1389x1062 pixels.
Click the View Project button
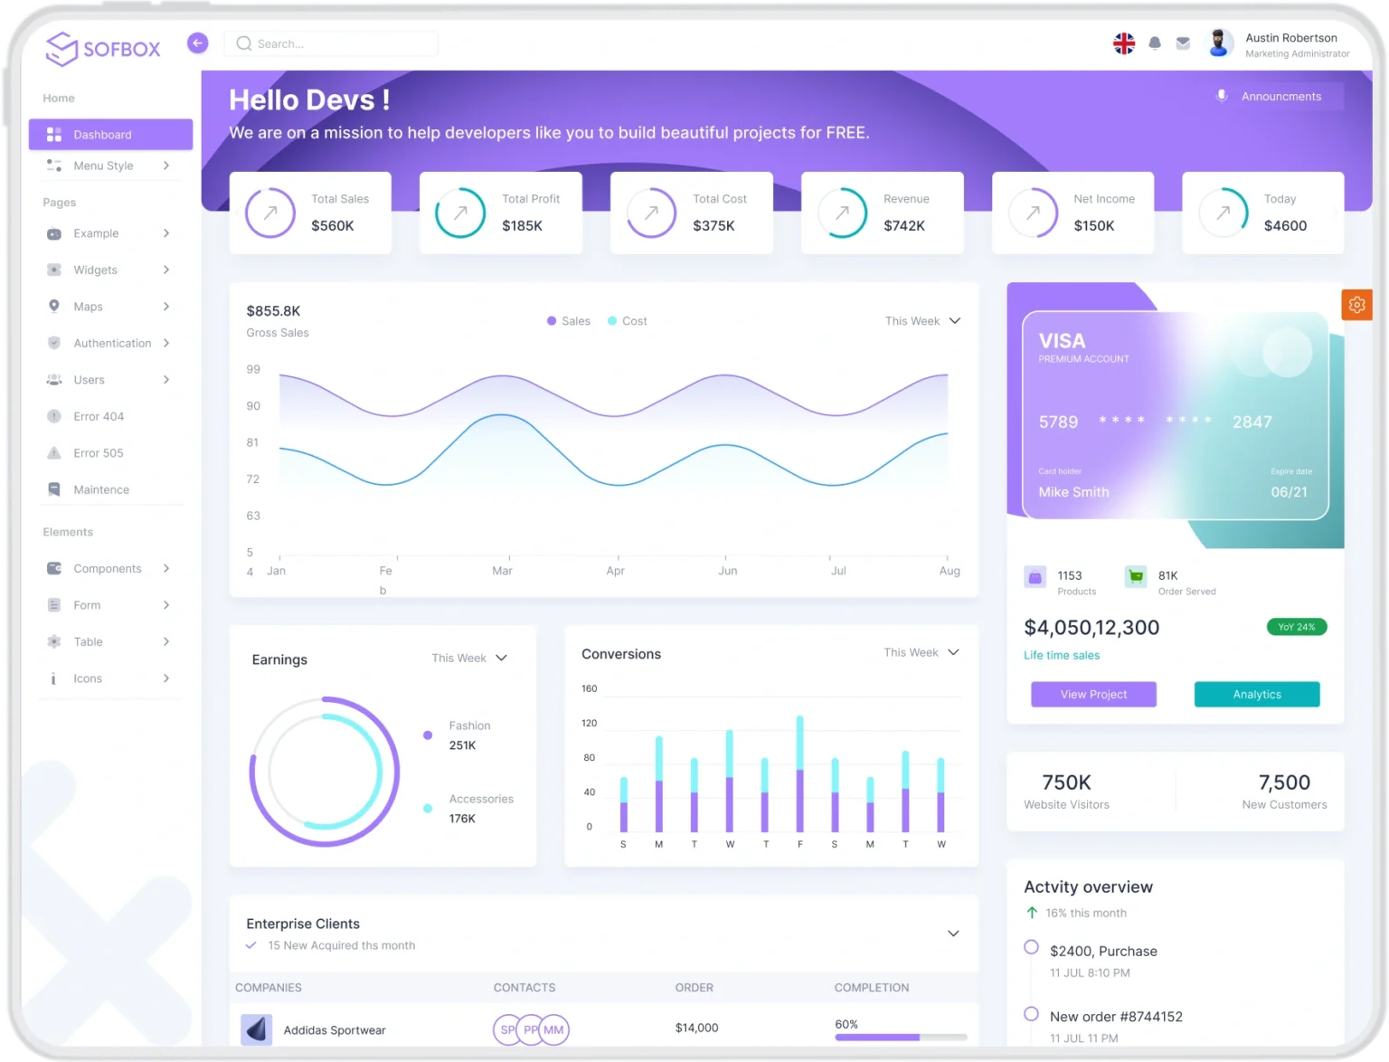pos(1093,694)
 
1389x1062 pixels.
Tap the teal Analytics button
pos(1256,694)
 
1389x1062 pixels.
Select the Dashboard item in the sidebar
pos(110,135)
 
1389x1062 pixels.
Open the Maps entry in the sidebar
pos(89,307)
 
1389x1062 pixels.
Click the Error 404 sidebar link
pos(99,416)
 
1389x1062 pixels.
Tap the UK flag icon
pos(1123,43)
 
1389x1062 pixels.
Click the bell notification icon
pos(1155,43)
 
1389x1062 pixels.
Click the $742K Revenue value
pos(903,225)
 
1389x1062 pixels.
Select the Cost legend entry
pos(633,321)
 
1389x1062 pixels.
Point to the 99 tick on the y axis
pos(253,369)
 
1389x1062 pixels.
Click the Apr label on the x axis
pos(615,571)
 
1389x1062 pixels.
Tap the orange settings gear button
pos(1356,305)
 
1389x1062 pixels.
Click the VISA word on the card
pos(1062,341)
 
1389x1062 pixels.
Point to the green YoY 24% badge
pos(1296,627)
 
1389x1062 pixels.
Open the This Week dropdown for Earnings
pos(469,659)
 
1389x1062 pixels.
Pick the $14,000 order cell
pos(696,1028)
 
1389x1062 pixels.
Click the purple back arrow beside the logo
pos(197,43)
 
